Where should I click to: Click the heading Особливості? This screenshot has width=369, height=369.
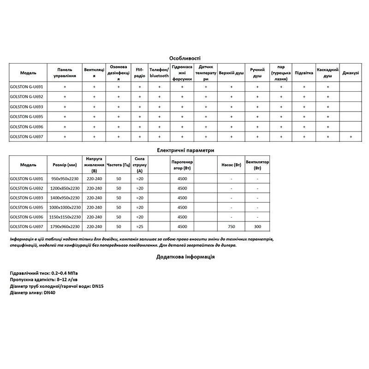click(184, 59)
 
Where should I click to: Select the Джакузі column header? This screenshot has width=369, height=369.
click(351, 73)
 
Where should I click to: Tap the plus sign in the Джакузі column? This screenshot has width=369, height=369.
click(351, 137)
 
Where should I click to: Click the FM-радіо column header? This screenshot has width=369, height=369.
click(140, 73)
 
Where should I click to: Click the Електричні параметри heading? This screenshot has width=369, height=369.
click(185, 150)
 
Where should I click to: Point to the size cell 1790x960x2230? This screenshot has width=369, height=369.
click(65, 226)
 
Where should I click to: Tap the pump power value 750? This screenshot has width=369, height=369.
click(231, 226)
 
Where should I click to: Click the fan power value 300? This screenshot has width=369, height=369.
click(257, 226)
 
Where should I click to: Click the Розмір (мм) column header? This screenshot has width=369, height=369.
click(65, 165)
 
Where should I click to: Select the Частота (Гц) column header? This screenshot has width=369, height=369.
click(119, 165)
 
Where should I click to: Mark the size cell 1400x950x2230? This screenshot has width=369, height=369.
click(65, 198)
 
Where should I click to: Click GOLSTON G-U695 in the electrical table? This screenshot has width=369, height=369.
click(26, 208)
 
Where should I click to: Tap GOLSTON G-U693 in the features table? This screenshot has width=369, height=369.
click(26, 107)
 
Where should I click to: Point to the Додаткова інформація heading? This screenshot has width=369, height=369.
click(185, 257)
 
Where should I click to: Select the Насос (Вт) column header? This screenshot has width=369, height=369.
click(231, 165)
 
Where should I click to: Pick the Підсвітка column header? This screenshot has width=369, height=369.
click(304, 73)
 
